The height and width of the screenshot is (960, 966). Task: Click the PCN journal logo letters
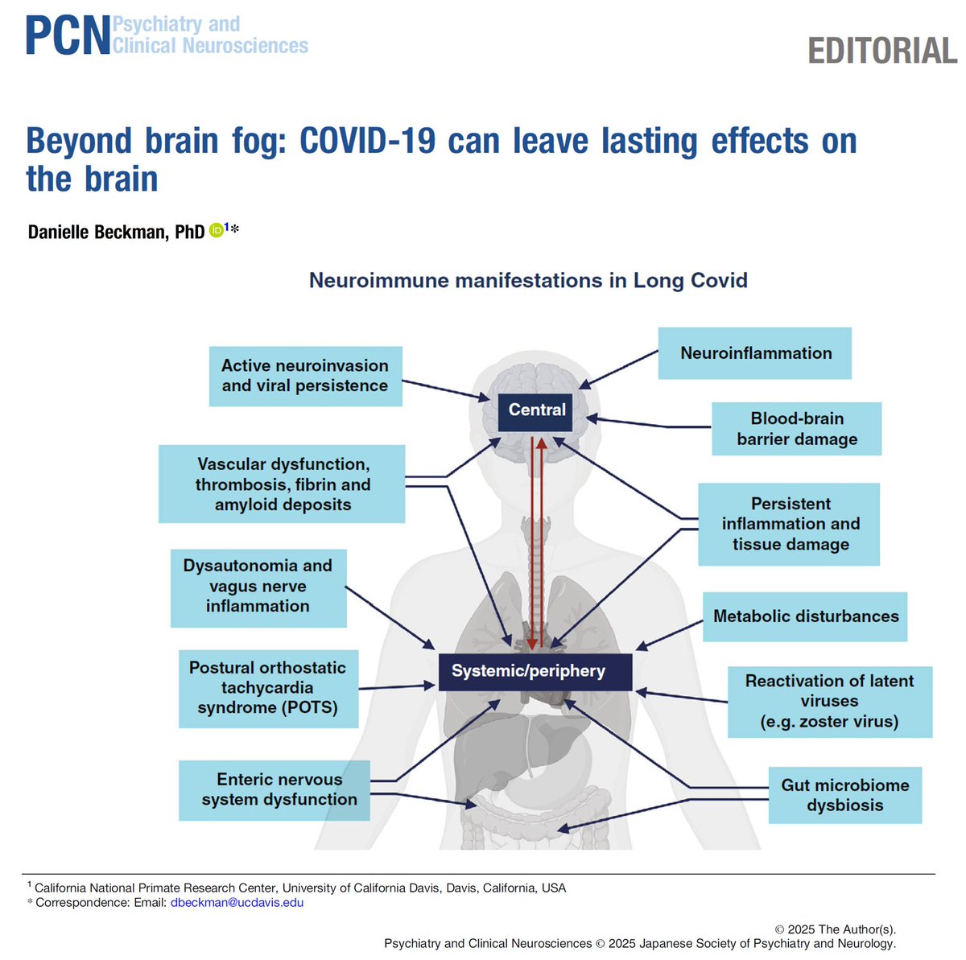(68, 36)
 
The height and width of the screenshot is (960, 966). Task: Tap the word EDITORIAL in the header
(882, 52)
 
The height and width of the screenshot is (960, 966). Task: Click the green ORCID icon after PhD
(216, 231)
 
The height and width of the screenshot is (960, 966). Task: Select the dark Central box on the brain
(537, 410)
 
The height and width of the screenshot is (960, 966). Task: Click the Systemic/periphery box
(535, 672)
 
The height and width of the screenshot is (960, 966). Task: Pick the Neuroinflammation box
(755, 353)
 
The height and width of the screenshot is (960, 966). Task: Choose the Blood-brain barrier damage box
(796, 429)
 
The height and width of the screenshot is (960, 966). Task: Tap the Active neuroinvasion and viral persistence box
(305, 376)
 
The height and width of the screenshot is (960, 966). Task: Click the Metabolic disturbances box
(805, 616)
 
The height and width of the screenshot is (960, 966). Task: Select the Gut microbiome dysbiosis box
(844, 795)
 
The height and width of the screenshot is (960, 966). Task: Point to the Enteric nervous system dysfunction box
(275, 789)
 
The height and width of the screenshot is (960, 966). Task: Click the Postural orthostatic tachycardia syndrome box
(268, 688)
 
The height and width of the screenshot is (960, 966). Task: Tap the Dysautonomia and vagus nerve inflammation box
(258, 587)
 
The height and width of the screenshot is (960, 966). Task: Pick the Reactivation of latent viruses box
(829, 702)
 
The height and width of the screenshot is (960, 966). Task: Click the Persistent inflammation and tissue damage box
(789, 524)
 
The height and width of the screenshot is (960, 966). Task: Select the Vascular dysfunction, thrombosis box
(282, 484)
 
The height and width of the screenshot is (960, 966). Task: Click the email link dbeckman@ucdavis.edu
(237, 903)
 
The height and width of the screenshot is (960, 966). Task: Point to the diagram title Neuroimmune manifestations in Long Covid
(528, 281)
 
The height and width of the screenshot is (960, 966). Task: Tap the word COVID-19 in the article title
(367, 142)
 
